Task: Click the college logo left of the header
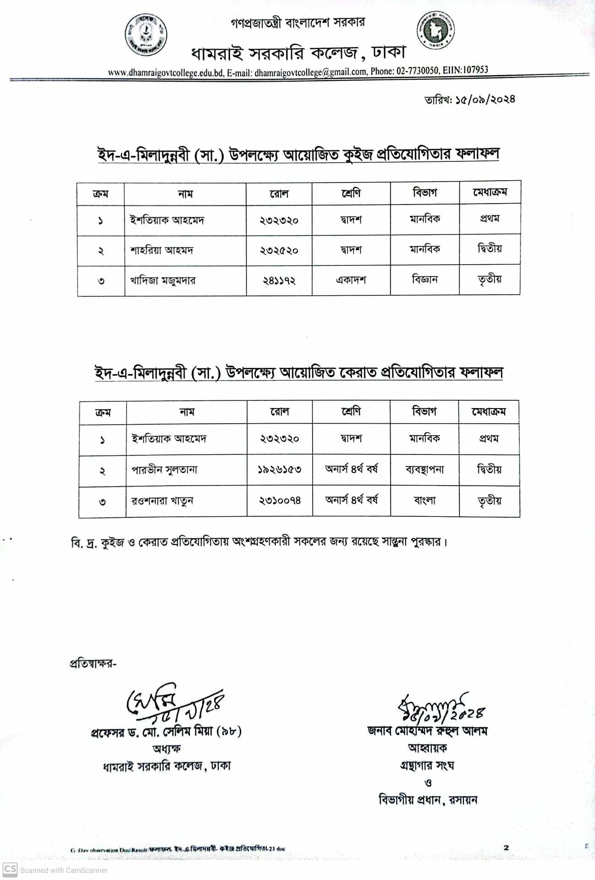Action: [146, 34]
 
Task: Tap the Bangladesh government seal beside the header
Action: [435, 30]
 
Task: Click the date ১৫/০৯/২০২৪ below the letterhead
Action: [485, 99]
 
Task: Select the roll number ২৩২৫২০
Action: [279, 250]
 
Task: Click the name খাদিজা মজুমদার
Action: [163, 280]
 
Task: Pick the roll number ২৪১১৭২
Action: [279, 280]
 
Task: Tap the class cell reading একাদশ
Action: [351, 280]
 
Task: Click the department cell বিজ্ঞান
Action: [424, 279]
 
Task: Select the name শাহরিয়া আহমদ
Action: [162, 250]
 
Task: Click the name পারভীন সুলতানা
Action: [165, 470]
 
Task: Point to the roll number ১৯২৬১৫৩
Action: [279, 470]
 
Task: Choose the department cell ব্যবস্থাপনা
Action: [424, 470]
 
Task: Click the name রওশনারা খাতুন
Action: [162, 500]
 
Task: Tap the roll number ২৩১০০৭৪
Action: [280, 500]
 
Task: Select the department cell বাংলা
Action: [424, 500]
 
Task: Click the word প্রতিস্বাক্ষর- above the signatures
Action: [93, 664]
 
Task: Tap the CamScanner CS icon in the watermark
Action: [10, 869]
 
